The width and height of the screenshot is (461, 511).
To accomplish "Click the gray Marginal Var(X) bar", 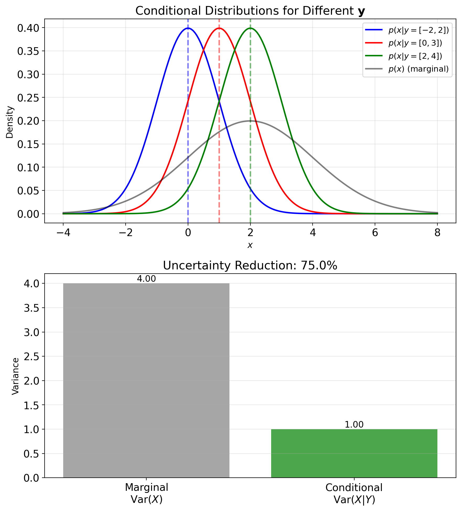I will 146,380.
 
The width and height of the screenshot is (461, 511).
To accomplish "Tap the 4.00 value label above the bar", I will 146,279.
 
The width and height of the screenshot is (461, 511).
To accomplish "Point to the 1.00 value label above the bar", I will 354,425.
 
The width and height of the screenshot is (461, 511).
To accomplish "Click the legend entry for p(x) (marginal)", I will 419,69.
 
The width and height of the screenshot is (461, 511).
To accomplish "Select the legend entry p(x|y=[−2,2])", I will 419,30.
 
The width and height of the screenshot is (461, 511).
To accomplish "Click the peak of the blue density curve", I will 188,28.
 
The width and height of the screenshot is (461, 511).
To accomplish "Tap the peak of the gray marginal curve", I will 250,121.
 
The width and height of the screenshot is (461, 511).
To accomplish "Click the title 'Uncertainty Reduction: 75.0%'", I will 250,266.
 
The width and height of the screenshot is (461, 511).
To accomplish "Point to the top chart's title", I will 250,11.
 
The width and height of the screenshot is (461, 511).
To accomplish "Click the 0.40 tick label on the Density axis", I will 28,28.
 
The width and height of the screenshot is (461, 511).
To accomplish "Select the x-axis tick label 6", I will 375,233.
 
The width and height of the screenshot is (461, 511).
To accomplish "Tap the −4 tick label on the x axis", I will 63,233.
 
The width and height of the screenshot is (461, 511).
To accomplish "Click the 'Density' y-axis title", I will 10,122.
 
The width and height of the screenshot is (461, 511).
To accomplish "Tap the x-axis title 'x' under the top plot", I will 250,245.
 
